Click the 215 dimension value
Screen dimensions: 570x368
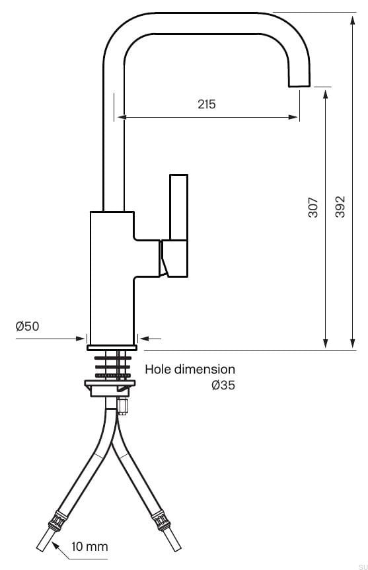tap(207, 104)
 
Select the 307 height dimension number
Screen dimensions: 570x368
tap(313, 207)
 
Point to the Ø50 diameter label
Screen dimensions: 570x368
tap(27, 326)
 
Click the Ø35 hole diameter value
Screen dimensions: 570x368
tap(223, 386)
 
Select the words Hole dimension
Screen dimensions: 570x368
tap(190, 369)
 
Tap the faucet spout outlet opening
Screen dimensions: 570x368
tap(298, 85)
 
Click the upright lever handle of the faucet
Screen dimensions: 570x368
tap(179, 208)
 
